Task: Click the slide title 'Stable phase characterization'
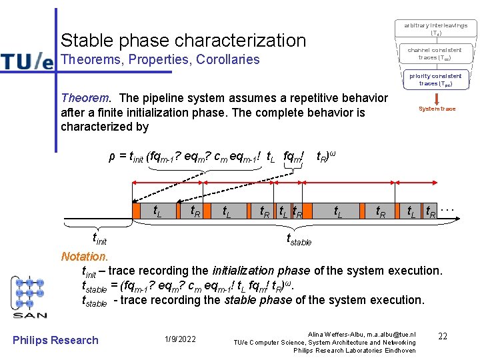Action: pyautogui.click(x=183, y=40)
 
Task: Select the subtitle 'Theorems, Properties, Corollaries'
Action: pyautogui.click(x=160, y=60)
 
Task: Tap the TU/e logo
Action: pyautogui.click(x=27, y=61)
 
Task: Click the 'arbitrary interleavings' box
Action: pyautogui.click(x=435, y=29)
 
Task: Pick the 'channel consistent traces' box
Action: pyautogui.click(x=435, y=53)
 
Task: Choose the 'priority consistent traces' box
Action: pyautogui.click(x=435, y=79)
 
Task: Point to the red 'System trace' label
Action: pyautogui.click(x=437, y=109)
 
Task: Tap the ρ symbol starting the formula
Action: pyautogui.click(x=112, y=157)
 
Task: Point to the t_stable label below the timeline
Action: pyautogui.click(x=299, y=239)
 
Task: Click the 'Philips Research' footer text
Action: pyautogui.click(x=55, y=340)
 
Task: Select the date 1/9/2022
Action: pyautogui.click(x=180, y=340)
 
